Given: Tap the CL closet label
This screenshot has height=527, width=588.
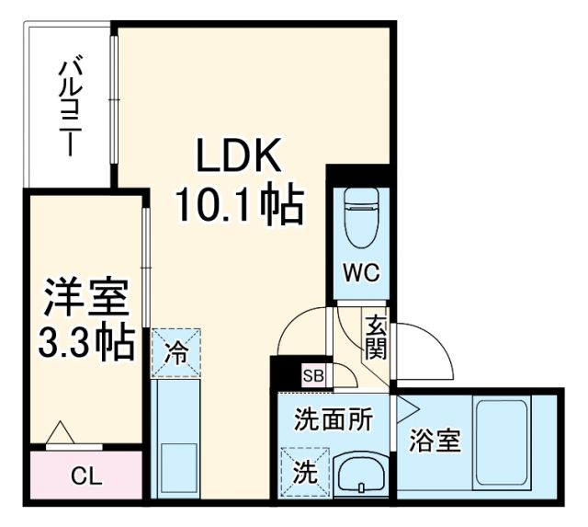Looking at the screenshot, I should coord(86,477).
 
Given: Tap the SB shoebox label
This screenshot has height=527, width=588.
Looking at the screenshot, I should coord(313,375).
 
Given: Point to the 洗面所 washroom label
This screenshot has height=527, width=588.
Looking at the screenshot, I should coord(333,419).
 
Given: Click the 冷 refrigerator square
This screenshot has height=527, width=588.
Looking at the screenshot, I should coord(175,351).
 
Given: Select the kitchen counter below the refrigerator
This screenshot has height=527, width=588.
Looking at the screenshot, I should coord(175,437).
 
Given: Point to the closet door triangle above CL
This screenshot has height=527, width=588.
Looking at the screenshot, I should coord(61,432).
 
